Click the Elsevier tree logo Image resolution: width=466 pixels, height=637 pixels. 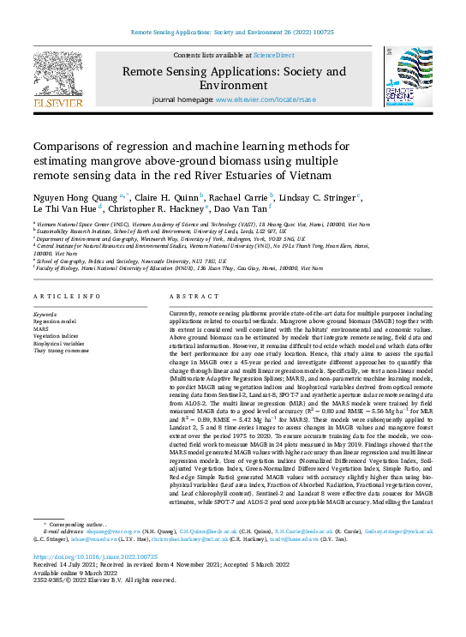[x=57, y=79]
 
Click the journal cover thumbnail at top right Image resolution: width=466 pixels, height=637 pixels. [x=409, y=78]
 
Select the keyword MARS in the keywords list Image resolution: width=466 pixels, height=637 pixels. [x=42, y=328]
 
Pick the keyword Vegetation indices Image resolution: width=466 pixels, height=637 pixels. [x=57, y=335]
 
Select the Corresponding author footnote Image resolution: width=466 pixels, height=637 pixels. [x=81, y=523]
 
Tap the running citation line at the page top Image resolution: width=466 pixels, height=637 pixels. [x=233, y=33]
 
